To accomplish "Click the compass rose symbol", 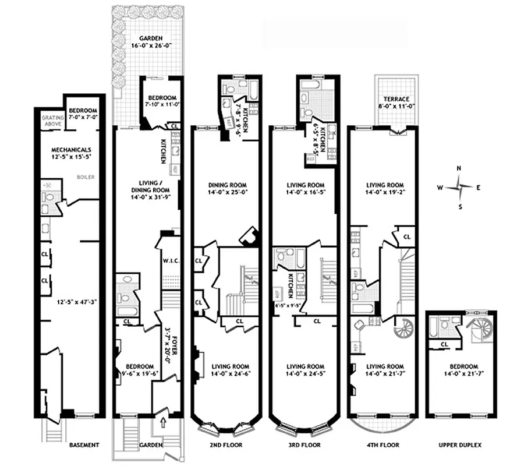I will pyautogui.click(x=459, y=187).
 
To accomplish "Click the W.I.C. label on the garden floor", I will pyautogui.click(x=170, y=260).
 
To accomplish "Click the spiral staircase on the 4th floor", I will pyautogui.click(x=403, y=330).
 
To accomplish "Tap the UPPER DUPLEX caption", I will pyautogui.click(x=461, y=445).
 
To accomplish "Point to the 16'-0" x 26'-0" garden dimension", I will pyautogui.click(x=147, y=48).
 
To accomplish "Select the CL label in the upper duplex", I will pyautogui.click(x=445, y=344).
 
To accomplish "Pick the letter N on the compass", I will pyautogui.click(x=459, y=168).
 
